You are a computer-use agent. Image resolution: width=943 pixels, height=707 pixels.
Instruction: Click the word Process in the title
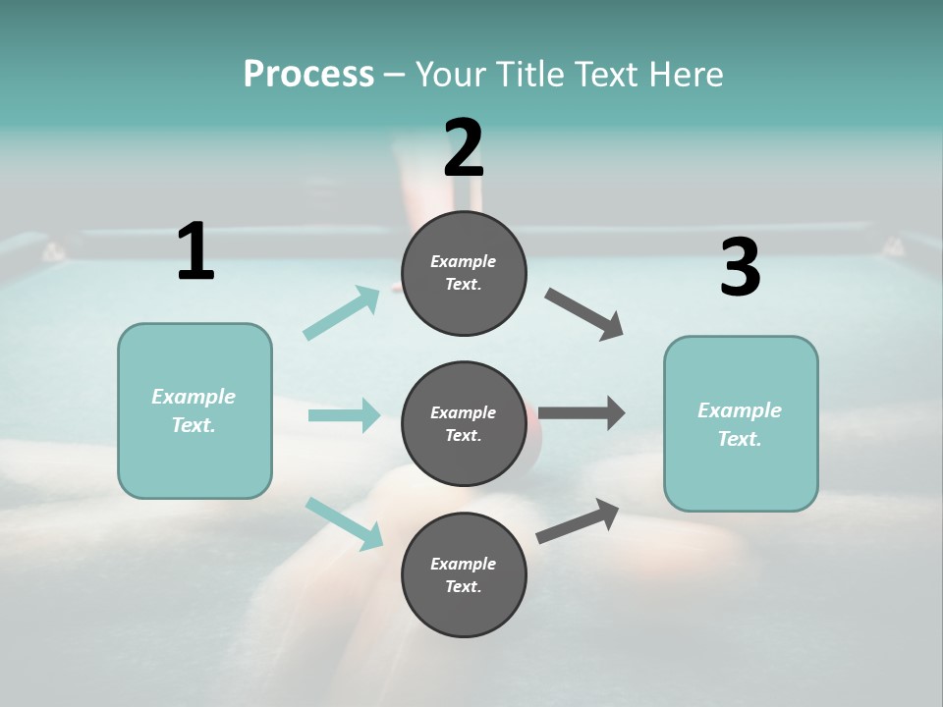[308, 75]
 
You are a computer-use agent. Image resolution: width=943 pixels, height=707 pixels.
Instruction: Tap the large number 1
[195, 251]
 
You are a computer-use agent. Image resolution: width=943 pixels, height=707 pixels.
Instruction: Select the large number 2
[464, 148]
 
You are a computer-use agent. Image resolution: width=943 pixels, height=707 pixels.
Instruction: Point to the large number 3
[740, 268]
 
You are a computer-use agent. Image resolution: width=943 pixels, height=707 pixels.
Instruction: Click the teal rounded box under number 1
[194, 410]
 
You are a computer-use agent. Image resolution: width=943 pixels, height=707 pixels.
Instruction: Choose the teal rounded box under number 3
[741, 423]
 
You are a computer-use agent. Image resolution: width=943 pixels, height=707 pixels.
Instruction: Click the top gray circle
[464, 273]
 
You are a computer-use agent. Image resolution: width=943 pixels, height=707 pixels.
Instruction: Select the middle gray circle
[464, 423]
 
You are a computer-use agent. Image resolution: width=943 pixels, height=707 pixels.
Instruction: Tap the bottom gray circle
[464, 574]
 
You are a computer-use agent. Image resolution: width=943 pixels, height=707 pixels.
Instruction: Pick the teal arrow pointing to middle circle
[344, 415]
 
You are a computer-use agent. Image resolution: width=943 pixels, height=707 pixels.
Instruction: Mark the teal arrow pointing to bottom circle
[344, 523]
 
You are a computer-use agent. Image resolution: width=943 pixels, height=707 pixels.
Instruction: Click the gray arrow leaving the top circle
[584, 314]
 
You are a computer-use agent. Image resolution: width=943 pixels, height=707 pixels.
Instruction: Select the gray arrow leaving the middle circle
[582, 412]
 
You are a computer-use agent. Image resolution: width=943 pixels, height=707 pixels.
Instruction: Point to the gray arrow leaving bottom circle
[579, 520]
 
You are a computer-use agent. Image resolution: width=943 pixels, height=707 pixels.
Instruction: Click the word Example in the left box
[194, 397]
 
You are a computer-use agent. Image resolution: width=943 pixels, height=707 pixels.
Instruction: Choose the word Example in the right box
[740, 410]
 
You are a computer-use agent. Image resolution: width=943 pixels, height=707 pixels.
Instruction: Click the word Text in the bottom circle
[463, 587]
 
